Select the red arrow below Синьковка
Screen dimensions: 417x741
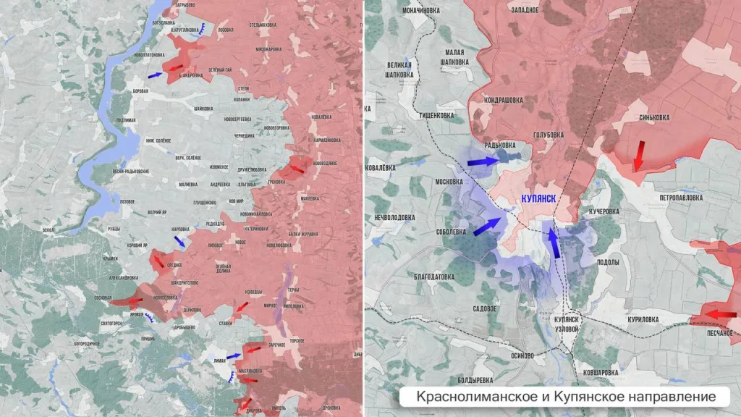(638, 156)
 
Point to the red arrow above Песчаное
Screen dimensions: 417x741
(721, 314)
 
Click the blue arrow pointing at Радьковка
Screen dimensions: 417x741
(483, 163)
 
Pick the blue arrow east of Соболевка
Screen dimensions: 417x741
(488, 227)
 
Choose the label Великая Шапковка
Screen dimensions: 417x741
(399, 69)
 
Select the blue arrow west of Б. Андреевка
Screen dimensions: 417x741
(155, 75)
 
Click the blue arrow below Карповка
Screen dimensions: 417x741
(179, 242)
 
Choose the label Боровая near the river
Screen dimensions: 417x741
(141, 91)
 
